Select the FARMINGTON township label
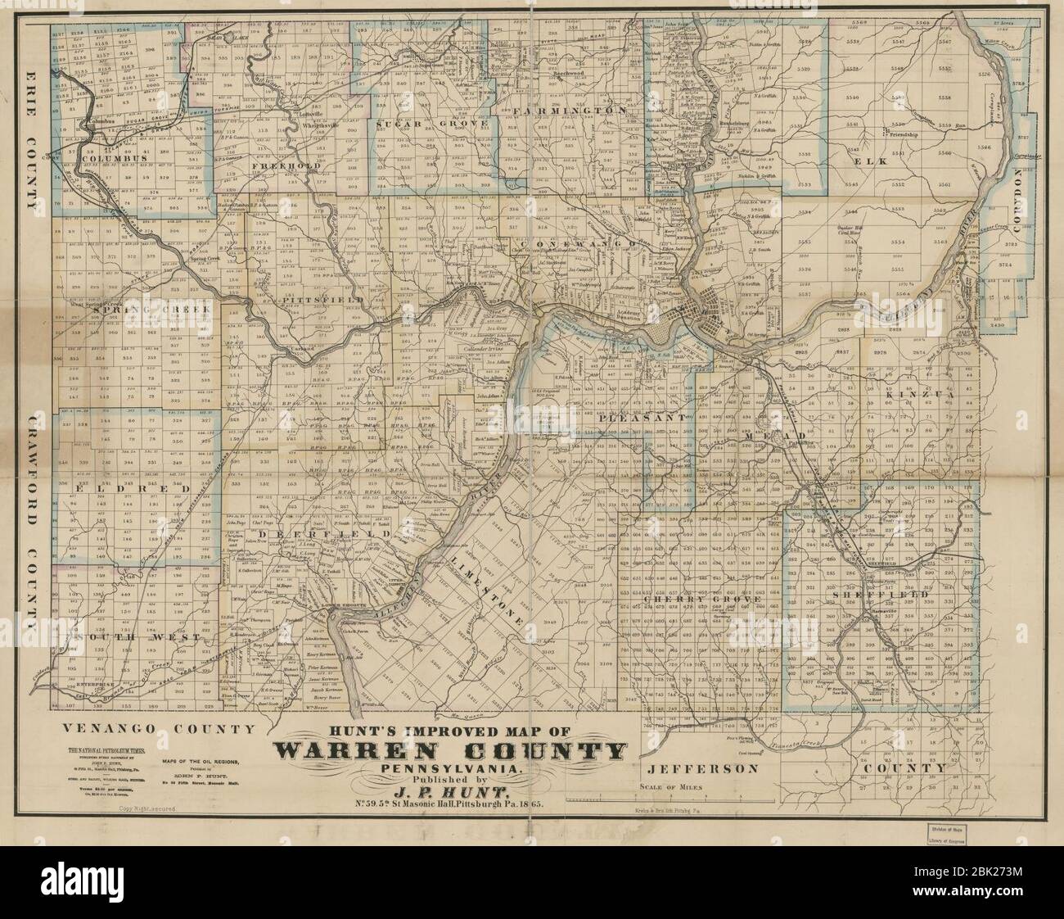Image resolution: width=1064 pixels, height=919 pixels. point(570,110)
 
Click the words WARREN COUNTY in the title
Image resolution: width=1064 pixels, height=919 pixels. point(450,752)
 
